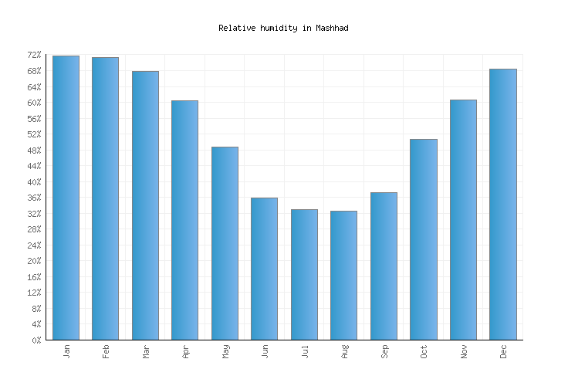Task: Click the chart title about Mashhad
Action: coord(283,28)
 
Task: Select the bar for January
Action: coord(66,198)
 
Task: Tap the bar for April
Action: coord(184,220)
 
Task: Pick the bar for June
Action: coord(264,269)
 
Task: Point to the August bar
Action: coord(343,275)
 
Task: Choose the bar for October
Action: coord(423,239)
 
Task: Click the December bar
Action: coord(502,204)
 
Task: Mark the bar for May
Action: coord(225,243)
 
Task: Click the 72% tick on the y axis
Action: coord(34,56)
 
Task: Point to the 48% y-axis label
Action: coord(34,151)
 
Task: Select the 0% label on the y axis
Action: coord(36,340)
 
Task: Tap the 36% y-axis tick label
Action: coord(34,198)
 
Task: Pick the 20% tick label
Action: coord(34,262)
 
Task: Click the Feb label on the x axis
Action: coord(106,351)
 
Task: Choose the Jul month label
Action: coord(305,351)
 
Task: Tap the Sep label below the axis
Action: coord(384,351)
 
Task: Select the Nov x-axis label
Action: coord(464,351)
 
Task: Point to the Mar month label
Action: coord(146,351)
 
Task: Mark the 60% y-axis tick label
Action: coord(34,103)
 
